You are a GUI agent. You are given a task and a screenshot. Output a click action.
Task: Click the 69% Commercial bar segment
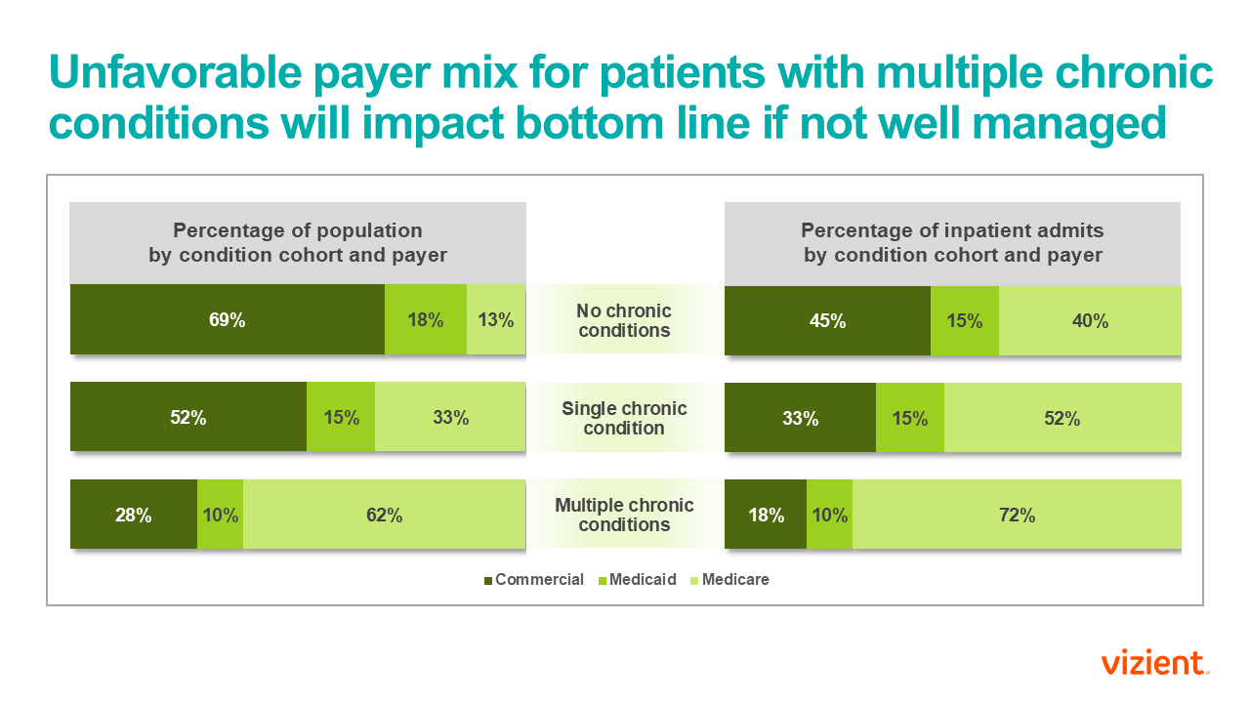(227, 319)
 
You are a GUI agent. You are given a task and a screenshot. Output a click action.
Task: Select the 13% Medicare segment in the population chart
(496, 319)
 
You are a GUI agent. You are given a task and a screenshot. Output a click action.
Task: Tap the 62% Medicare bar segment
(384, 515)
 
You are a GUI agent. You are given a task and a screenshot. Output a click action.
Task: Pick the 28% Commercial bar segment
(134, 515)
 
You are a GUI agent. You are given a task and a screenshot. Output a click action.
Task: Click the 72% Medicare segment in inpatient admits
(1017, 515)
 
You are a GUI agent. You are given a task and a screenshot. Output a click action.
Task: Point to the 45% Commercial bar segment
(827, 319)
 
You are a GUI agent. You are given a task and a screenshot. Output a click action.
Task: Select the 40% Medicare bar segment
(1090, 319)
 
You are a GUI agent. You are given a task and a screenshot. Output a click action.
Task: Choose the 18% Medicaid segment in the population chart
(426, 319)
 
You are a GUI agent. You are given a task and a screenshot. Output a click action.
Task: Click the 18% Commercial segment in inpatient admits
(766, 515)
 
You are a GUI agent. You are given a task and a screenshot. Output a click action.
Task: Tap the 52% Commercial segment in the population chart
(188, 417)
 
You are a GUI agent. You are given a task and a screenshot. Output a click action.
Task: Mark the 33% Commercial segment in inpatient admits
(800, 417)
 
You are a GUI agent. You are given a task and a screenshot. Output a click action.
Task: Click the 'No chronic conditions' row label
(624, 320)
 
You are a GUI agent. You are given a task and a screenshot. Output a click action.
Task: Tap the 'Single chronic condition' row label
(624, 418)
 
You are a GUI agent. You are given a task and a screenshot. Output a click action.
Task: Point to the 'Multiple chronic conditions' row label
(624, 515)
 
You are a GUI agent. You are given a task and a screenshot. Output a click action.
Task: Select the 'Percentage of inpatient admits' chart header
(952, 243)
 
